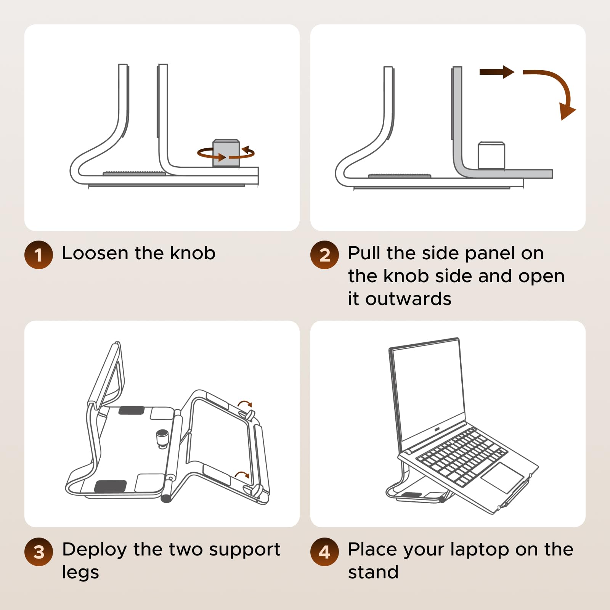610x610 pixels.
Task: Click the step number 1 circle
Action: click(x=39, y=255)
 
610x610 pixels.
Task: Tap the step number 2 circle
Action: click(x=324, y=255)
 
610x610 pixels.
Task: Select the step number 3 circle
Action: click(x=39, y=552)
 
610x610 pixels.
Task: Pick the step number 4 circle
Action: click(x=324, y=552)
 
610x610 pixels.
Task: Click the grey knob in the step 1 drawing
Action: click(x=226, y=153)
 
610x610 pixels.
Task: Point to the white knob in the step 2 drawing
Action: click(x=491, y=156)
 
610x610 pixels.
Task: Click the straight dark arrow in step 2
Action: click(x=497, y=72)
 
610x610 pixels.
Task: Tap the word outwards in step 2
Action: click(x=408, y=299)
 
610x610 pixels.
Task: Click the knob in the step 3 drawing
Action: click(x=162, y=438)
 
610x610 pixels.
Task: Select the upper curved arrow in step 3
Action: click(x=245, y=403)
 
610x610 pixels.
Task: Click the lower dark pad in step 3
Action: click(x=111, y=486)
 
